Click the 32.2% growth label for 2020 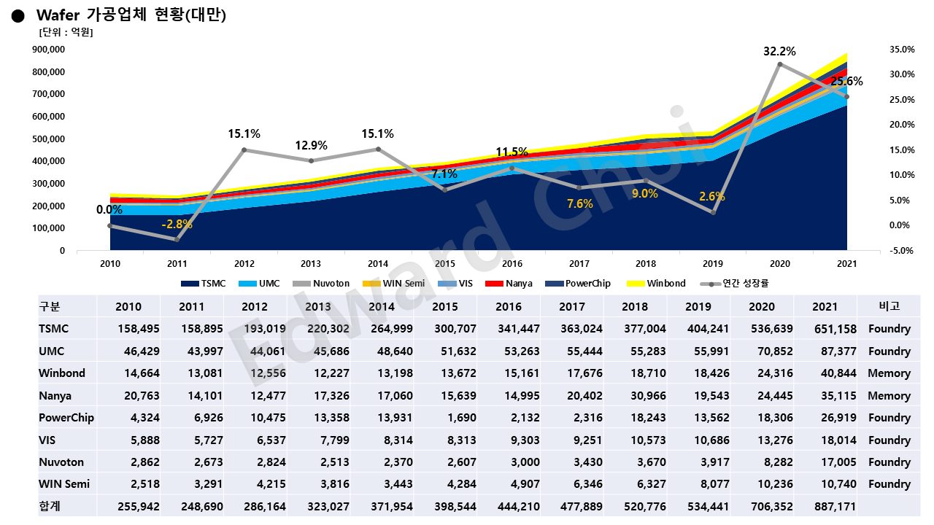click(779, 52)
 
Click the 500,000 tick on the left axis click(50, 139)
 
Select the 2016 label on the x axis click(512, 264)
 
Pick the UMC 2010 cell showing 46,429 click(128, 351)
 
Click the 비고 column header click(889, 306)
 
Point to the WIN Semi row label click(64, 483)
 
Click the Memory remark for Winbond click(889, 373)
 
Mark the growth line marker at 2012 click(244, 150)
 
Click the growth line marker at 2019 click(713, 212)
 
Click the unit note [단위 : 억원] click(65, 32)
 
